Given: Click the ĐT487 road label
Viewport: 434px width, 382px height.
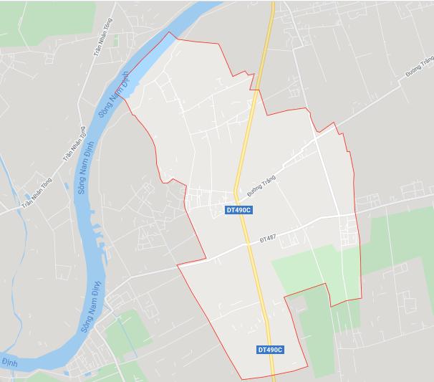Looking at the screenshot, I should (x=267, y=238).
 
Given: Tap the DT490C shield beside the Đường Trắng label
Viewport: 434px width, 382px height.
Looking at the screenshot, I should (x=238, y=210).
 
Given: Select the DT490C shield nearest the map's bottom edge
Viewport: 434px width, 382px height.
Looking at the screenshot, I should (x=270, y=350).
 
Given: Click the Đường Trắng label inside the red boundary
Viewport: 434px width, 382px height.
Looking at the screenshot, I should (x=261, y=185).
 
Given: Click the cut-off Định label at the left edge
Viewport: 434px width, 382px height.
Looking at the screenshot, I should (x=8, y=358).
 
